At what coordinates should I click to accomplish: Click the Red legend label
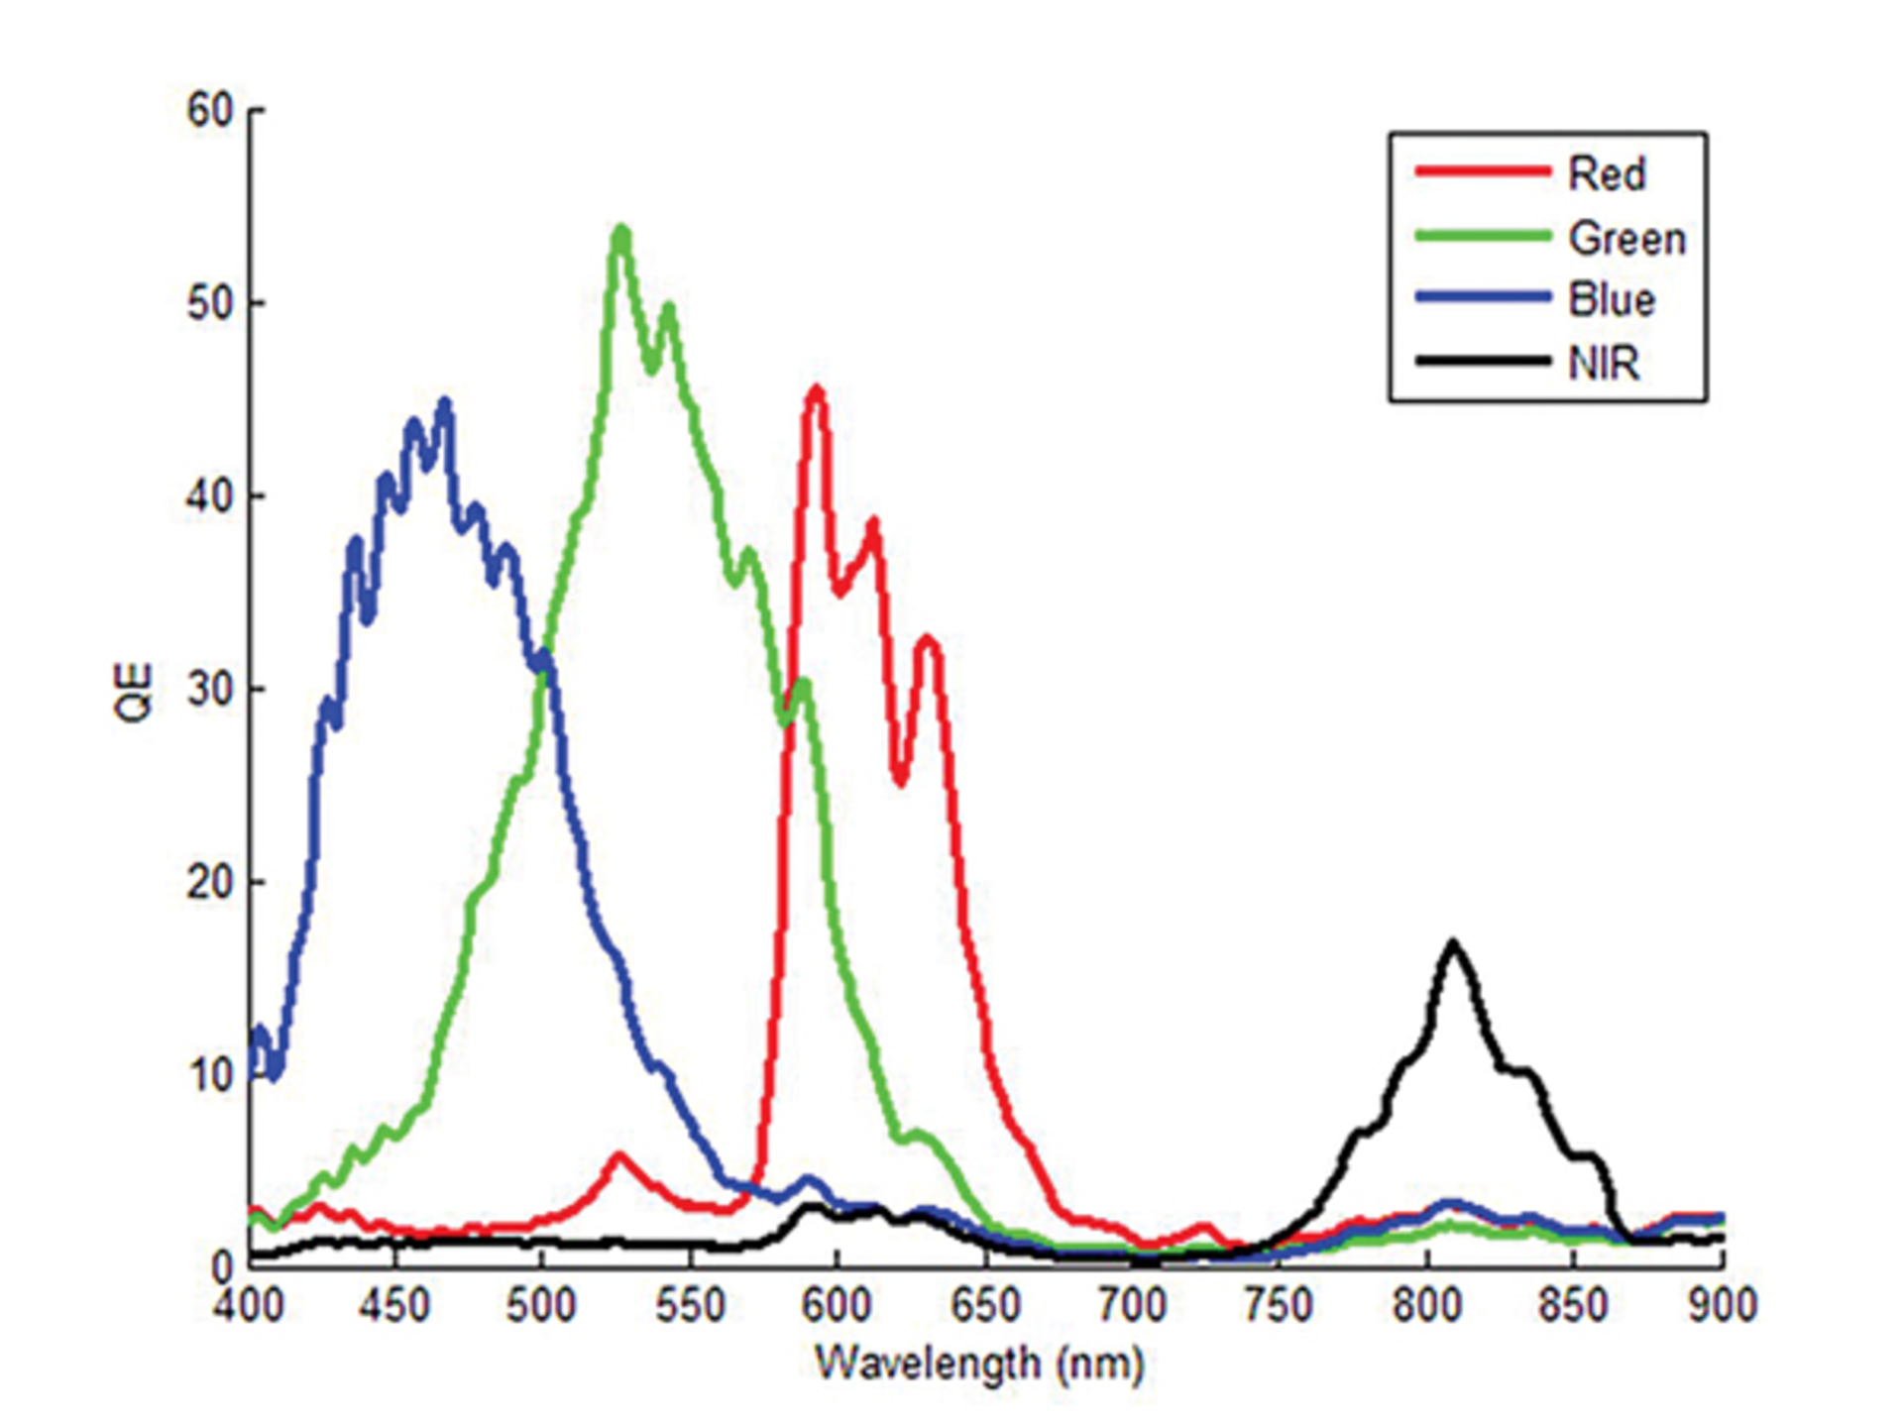click(x=1606, y=174)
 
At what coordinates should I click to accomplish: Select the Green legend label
click(x=1626, y=239)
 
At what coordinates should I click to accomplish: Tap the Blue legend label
click(x=1611, y=300)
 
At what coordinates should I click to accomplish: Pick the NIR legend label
click(x=1603, y=364)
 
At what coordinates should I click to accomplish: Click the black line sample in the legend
click(x=1482, y=361)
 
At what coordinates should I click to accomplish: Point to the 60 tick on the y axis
click(x=210, y=110)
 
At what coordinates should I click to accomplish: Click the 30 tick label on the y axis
click(x=210, y=689)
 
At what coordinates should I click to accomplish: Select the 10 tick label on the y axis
click(x=210, y=1075)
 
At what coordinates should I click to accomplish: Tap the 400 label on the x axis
click(x=249, y=1304)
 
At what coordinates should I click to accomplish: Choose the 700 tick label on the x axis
click(x=1133, y=1304)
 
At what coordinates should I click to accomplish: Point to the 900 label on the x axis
click(x=1723, y=1304)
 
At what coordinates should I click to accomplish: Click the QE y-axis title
click(x=134, y=693)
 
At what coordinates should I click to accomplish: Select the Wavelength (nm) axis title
click(x=979, y=1363)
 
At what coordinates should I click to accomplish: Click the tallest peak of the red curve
click(x=816, y=390)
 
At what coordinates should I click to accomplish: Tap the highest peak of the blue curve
click(x=444, y=402)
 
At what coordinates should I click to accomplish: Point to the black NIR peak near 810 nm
click(x=1453, y=943)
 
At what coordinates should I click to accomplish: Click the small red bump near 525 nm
click(x=619, y=1156)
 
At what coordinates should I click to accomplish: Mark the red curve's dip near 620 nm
click(x=900, y=781)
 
